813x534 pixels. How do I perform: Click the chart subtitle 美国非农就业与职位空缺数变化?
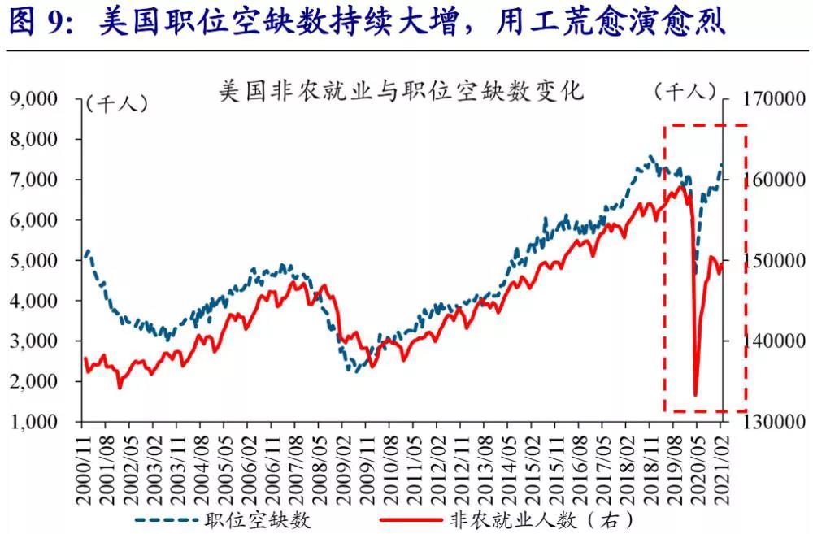(x=402, y=90)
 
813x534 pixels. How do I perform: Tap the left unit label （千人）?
(x=115, y=103)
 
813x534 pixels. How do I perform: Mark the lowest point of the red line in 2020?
(x=696, y=395)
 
